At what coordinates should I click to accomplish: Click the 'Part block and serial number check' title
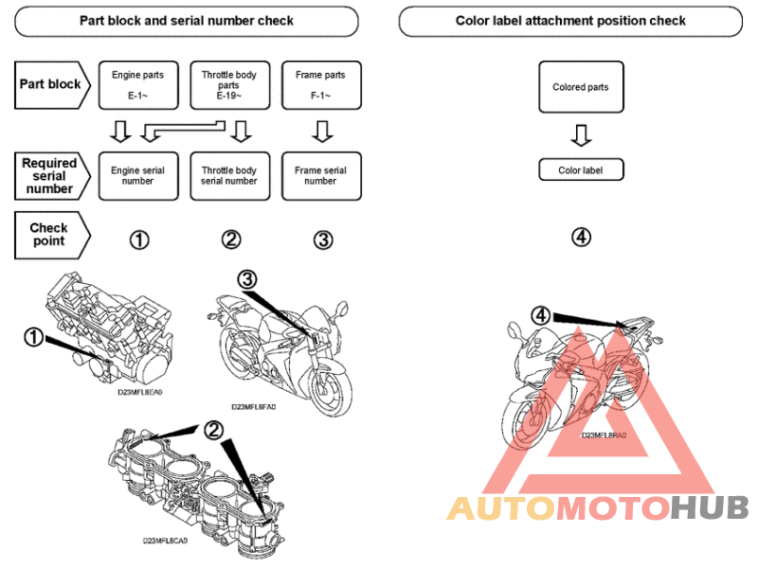pos(186,21)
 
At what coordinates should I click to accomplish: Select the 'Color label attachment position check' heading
pos(570,21)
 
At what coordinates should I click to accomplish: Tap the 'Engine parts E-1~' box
pos(138,84)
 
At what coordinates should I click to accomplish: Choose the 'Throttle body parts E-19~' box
pos(229,84)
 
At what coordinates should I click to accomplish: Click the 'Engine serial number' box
pos(138,176)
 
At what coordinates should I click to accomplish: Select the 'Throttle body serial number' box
pos(229,176)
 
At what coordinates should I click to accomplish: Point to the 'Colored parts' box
pos(581,88)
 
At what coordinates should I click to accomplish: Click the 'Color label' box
pos(581,170)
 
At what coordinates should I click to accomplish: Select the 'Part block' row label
pos(51,83)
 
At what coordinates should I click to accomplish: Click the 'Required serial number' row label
pos(51,176)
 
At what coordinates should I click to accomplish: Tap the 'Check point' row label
pos(49,234)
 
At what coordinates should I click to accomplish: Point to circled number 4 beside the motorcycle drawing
pos(539,313)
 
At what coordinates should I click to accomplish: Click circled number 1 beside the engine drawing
pos(34,336)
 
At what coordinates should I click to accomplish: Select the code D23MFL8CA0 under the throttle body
pos(166,541)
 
